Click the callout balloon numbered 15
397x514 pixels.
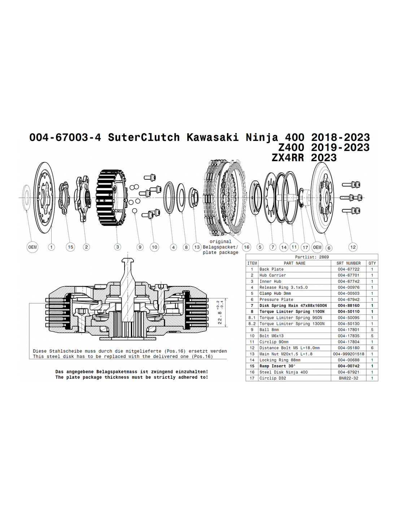(x=70, y=247)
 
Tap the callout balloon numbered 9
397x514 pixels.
(x=140, y=247)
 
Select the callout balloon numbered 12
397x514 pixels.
(x=353, y=247)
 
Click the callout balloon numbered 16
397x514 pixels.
(x=247, y=247)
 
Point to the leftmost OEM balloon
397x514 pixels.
(x=32, y=247)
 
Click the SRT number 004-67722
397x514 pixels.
(x=348, y=269)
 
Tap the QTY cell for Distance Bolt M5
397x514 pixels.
(x=372, y=348)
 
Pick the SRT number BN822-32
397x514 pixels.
(x=348, y=378)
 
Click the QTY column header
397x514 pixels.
(x=372, y=263)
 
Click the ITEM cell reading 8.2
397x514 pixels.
(x=252, y=324)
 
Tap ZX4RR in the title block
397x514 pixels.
(x=288, y=158)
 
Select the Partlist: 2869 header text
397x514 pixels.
(x=312, y=257)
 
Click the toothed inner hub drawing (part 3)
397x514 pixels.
(x=112, y=197)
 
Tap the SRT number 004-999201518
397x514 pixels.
(x=348, y=354)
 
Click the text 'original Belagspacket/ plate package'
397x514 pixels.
(x=221, y=247)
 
